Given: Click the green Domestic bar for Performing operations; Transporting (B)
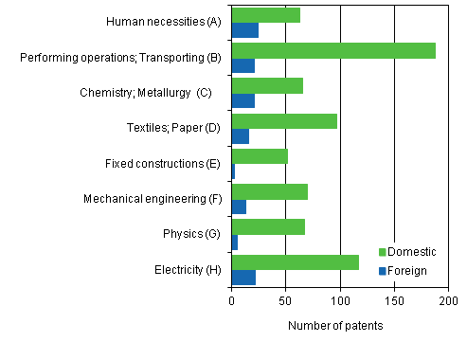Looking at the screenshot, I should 333,50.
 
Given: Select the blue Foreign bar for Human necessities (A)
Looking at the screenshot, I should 245,30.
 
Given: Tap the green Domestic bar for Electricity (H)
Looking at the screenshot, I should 295,262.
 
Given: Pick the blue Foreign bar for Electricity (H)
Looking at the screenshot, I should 243,278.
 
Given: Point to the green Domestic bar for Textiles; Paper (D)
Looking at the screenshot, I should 284,121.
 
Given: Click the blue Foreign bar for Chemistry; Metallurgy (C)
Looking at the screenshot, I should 243,101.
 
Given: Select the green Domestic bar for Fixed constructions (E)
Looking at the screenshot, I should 260,156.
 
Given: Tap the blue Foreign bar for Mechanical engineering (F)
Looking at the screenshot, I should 239,207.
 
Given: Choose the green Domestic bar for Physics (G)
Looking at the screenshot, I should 268,227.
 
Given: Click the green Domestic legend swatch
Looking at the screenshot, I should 383,252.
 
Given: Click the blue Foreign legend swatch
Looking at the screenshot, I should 383,271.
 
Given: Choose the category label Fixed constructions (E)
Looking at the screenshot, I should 163,163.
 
